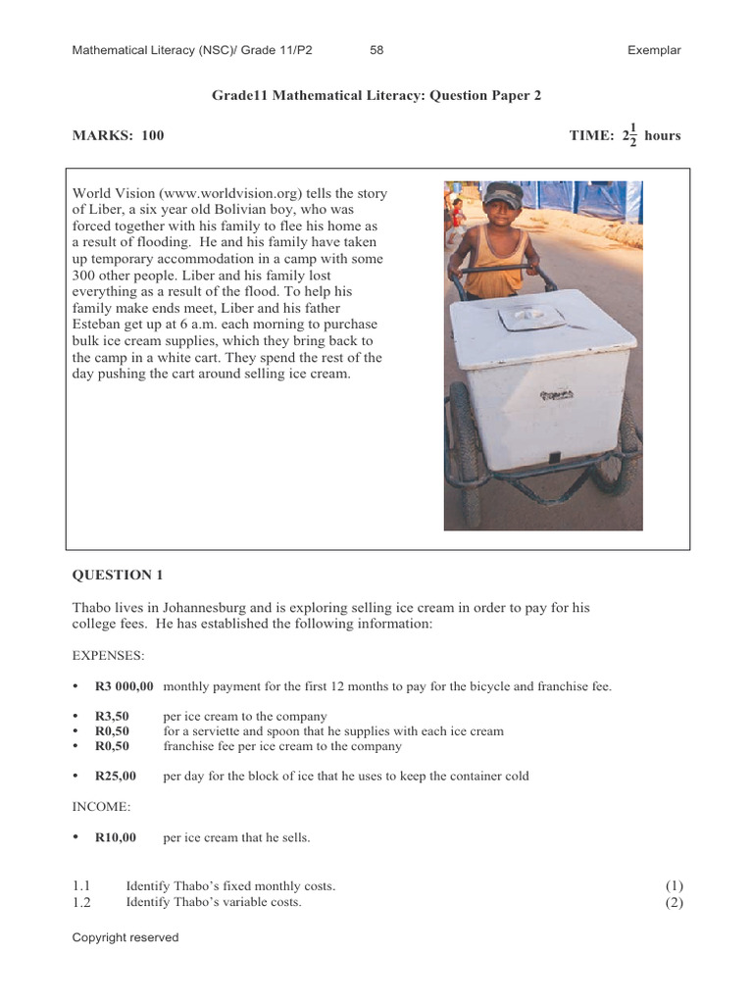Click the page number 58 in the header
376,50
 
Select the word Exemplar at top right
654,50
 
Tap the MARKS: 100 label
118,135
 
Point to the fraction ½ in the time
632,135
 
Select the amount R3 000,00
125,686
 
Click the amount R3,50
114,717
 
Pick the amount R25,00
116,776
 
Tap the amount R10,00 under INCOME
116,837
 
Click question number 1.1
81,886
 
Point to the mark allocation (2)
674,902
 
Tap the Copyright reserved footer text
125,937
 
